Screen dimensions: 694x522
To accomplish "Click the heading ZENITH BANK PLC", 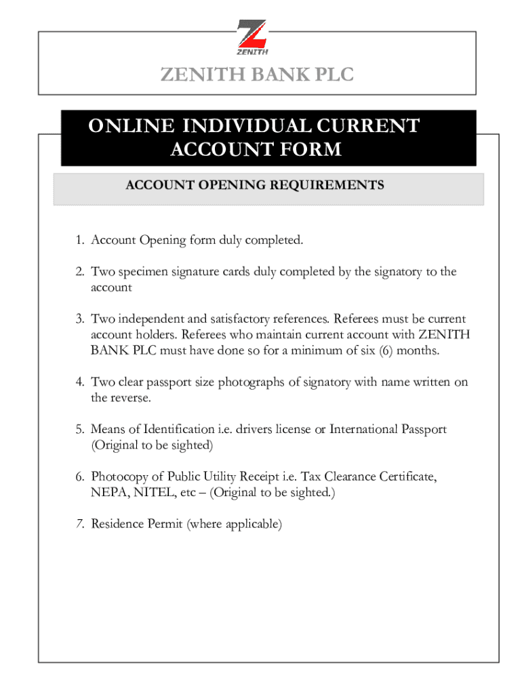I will [x=257, y=75].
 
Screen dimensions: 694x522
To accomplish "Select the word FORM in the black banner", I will [x=311, y=149].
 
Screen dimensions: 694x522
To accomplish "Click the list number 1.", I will [x=79, y=240].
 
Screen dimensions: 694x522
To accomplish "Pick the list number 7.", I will [x=79, y=524].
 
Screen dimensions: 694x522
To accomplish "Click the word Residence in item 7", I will [x=117, y=524].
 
